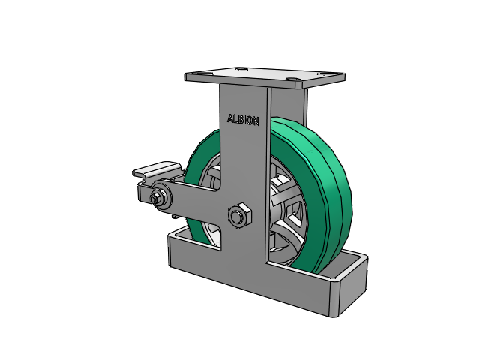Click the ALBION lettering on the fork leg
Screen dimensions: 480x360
click(x=243, y=120)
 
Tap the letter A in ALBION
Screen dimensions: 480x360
click(x=230, y=118)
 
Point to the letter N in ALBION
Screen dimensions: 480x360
click(x=256, y=121)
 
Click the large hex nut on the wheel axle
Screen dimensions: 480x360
click(x=240, y=215)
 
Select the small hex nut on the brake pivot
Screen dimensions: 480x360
click(x=155, y=198)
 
